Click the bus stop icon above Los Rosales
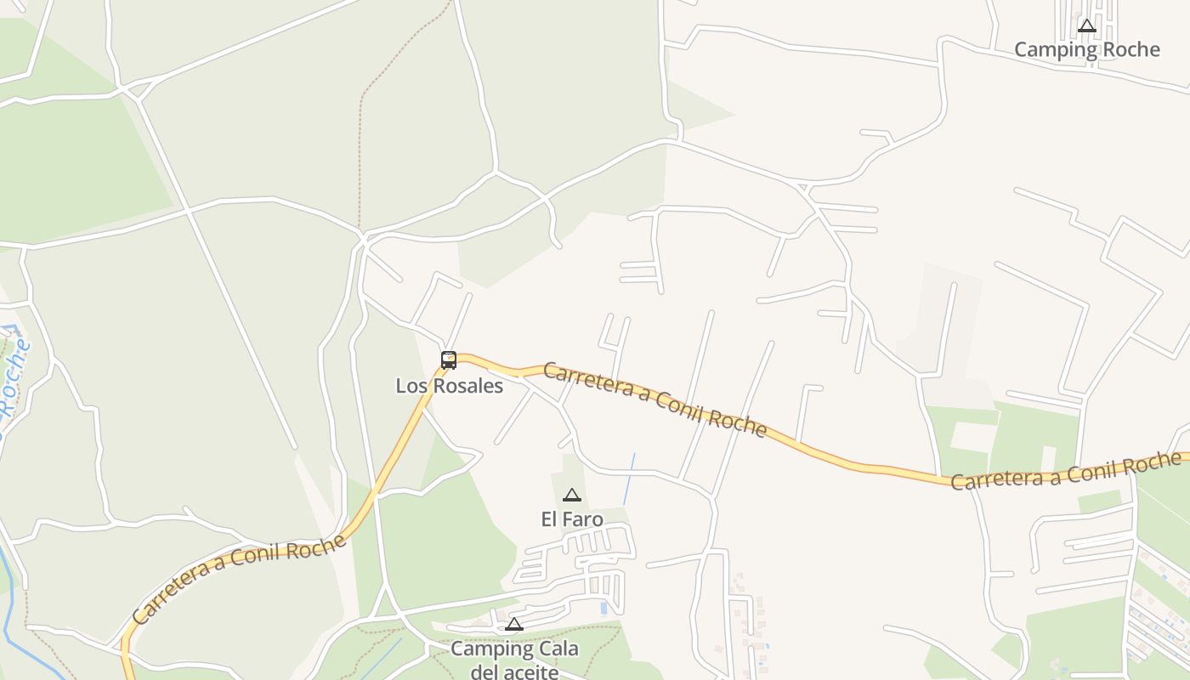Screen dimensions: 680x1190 click(449, 360)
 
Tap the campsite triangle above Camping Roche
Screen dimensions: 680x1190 click(1086, 25)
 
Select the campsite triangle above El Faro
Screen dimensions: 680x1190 click(572, 496)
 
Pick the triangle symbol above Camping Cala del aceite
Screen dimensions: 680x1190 click(513, 625)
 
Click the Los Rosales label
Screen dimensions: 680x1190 click(449, 386)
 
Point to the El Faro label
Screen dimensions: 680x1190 click(572, 518)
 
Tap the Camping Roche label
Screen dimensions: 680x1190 click(1086, 49)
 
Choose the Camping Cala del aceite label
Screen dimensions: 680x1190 click(514, 660)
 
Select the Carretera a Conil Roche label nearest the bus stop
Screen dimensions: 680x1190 click(654, 398)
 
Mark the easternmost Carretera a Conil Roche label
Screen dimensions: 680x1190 click(1066, 470)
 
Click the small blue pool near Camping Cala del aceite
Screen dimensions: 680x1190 click(603, 608)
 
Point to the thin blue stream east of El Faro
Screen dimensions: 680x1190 click(629, 479)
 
